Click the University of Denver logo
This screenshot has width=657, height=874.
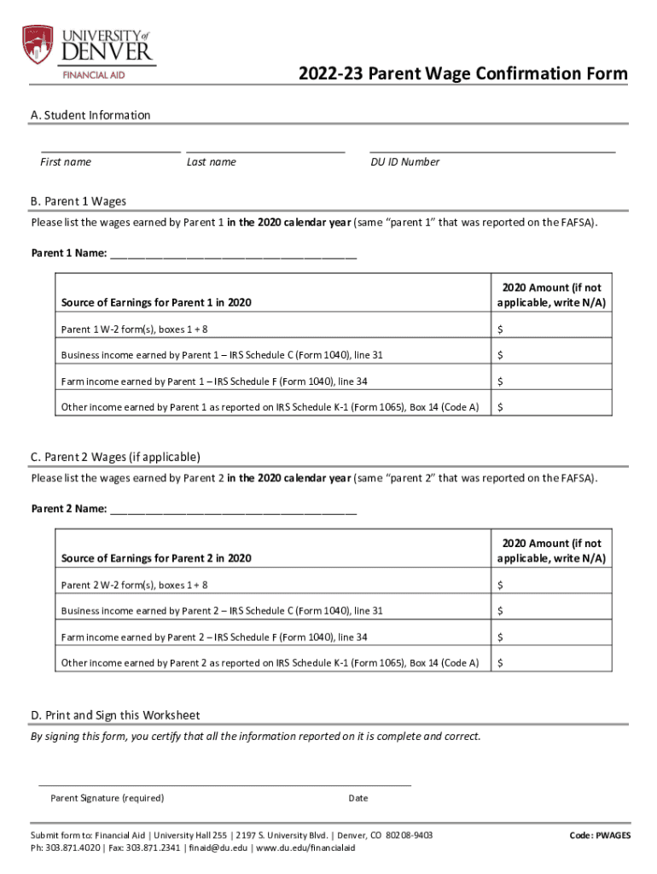(89, 50)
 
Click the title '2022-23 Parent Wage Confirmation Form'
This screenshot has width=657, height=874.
(462, 74)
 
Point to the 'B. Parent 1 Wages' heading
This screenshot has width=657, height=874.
(78, 201)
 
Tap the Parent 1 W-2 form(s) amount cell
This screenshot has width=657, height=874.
(551, 329)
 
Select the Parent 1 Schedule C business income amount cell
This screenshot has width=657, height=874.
(551, 355)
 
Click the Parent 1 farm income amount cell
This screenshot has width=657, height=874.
(551, 382)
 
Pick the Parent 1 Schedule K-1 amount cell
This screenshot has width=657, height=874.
(551, 407)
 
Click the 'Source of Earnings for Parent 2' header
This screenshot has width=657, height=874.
(156, 558)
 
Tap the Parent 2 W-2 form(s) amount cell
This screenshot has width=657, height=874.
(551, 585)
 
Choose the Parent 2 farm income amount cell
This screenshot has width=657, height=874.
(551, 637)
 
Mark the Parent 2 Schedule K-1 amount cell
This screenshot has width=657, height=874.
(551, 662)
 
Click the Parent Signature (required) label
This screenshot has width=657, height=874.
(108, 798)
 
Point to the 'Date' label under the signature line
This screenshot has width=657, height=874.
(358, 798)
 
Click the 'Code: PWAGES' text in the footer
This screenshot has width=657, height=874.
(600, 836)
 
